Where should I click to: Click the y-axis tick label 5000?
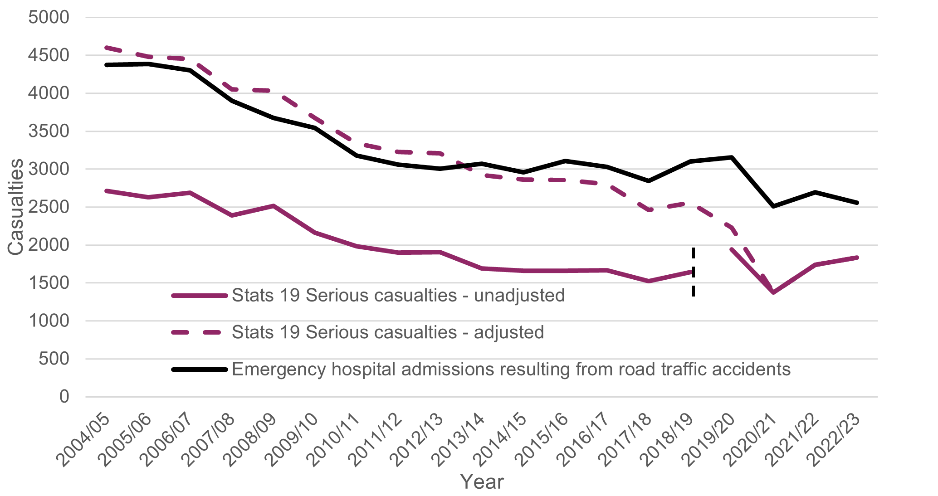click(x=49, y=18)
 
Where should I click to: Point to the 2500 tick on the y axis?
click(x=49, y=207)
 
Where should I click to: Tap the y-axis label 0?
click(x=64, y=397)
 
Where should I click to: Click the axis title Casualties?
click(x=16, y=207)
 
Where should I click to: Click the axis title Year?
click(x=481, y=482)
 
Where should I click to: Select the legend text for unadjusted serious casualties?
click(x=398, y=296)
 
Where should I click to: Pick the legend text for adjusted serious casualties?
click(x=387, y=332)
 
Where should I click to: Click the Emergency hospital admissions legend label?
click(x=511, y=370)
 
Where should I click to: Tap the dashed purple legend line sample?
click(x=199, y=332)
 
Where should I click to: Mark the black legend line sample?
click(x=199, y=370)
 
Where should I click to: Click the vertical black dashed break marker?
click(x=694, y=272)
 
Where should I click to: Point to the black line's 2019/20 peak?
click(x=732, y=157)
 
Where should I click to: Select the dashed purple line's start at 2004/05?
click(x=106, y=47)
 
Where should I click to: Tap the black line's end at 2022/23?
click(x=857, y=203)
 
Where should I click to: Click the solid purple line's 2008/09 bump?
click(x=273, y=206)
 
